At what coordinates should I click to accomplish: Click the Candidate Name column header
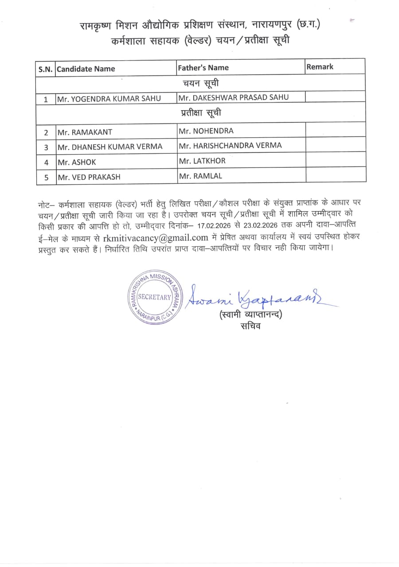(x=86, y=69)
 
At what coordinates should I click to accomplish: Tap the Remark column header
(x=319, y=67)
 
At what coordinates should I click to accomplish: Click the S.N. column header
(x=46, y=69)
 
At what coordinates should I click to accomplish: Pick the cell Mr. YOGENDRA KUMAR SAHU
(x=109, y=99)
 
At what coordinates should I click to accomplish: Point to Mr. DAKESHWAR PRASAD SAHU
(x=233, y=97)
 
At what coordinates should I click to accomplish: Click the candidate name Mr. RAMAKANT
(x=85, y=132)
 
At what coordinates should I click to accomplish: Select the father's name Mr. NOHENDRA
(x=206, y=131)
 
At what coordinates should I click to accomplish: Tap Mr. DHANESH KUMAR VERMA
(x=110, y=147)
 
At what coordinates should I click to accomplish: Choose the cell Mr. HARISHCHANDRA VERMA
(x=230, y=145)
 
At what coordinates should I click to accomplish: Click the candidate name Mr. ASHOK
(x=77, y=162)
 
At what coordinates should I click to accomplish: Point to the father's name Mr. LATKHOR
(x=202, y=161)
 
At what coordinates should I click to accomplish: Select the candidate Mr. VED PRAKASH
(x=89, y=177)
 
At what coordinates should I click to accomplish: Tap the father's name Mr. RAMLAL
(x=200, y=176)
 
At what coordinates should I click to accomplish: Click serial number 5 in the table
(x=46, y=177)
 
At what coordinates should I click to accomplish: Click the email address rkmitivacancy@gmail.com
(x=156, y=237)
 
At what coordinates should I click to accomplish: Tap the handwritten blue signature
(x=257, y=298)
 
